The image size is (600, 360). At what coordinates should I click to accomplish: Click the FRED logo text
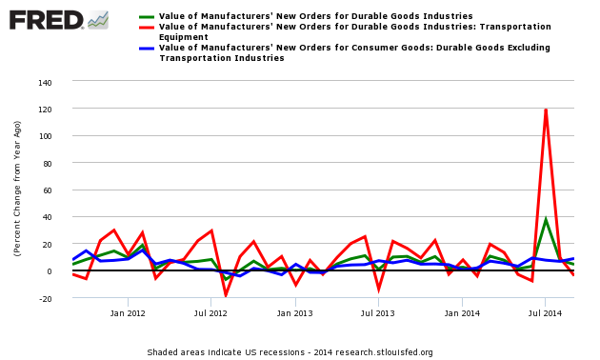pyautogui.click(x=45, y=19)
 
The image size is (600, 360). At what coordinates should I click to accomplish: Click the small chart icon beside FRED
pyautogui.click(x=97, y=19)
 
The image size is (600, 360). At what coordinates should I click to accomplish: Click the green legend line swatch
pyautogui.click(x=147, y=16)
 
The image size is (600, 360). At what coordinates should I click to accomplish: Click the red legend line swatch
pyautogui.click(x=147, y=27)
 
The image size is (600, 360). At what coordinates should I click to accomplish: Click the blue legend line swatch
pyautogui.click(x=147, y=48)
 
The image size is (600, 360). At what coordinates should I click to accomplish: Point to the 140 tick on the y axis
pyautogui.click(x=44, y=83)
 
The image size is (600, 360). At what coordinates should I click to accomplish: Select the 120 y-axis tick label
pyautogui.click(x=44, y=110)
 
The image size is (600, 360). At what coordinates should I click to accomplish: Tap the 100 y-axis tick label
pyautogui.click(x=44, y=136)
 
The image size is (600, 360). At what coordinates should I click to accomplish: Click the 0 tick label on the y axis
pyautogui.click(x=49, y=271)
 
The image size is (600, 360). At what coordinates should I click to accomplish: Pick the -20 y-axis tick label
pyautogui.click(x=44, y=298)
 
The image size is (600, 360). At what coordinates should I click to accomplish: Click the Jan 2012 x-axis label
pyautogui.click(x=128, y=313)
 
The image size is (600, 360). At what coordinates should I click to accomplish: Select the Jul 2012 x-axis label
pyautogui.click(x=210, y=313)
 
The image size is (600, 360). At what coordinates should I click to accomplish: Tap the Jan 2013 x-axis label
pyautogui.click(x=295, y=313)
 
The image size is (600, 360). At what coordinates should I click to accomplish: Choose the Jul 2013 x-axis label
pyautogui.click(x=378, y=313)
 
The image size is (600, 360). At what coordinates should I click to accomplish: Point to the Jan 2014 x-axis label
pyautogui.click(x=463, y=313)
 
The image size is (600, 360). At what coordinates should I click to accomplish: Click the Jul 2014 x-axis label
pyautogui.click(x=546, y=313)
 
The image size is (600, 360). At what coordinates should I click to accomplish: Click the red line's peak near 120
pyautogui.click(x=546, y=110)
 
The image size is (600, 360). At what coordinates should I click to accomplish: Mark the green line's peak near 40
pyautogui.click(x=546, y=219)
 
